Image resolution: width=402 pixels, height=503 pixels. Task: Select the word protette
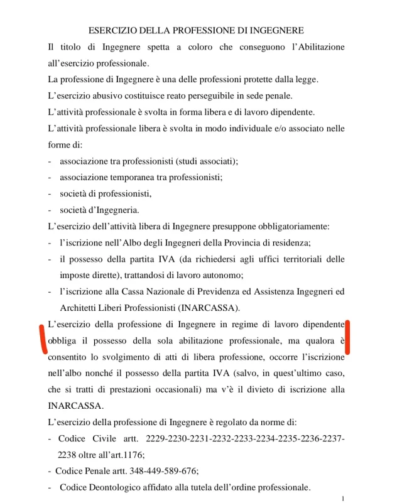(x=249, y=80)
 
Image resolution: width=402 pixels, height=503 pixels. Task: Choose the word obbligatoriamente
(x=286, y=226)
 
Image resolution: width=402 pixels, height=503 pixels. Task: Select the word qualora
(x=310, y=340)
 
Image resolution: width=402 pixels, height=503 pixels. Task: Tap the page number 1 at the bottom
(x=342, y=495)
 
